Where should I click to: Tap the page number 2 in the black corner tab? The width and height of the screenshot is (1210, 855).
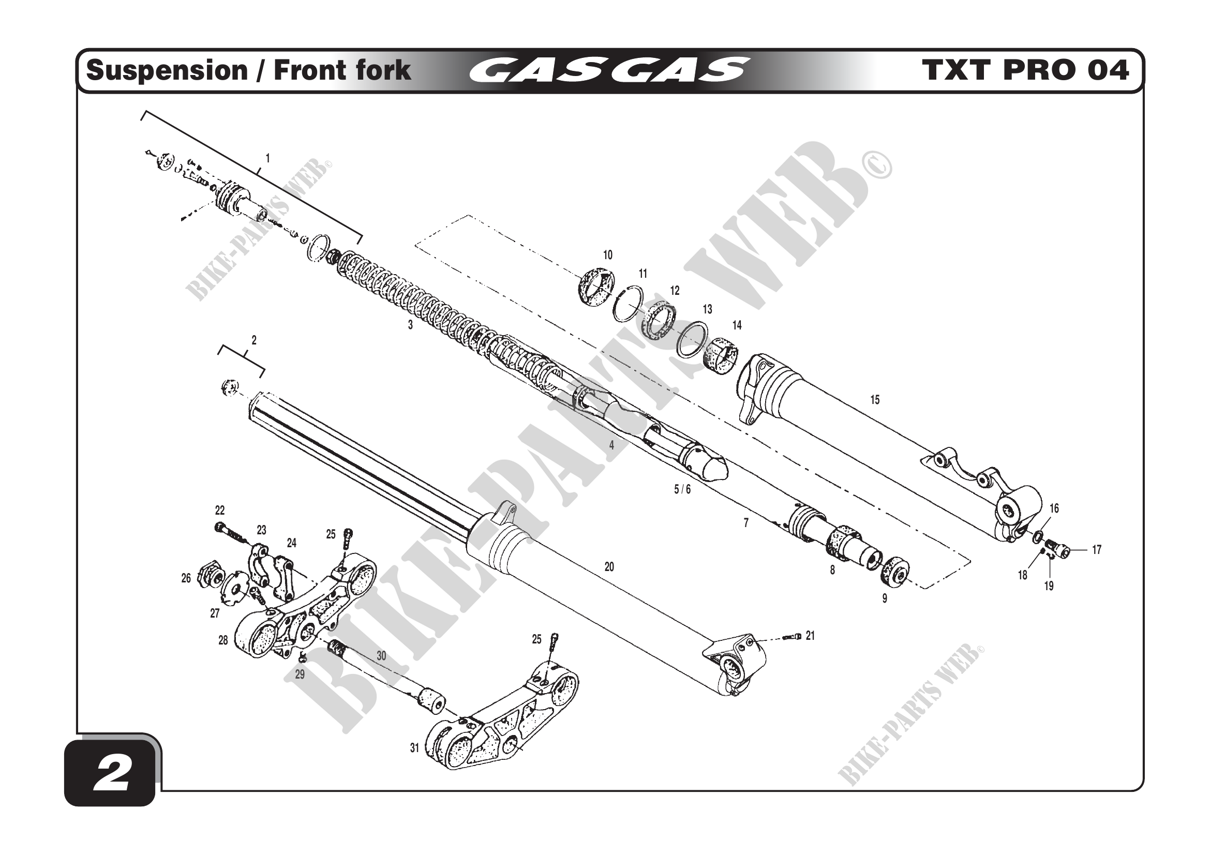pos(111,775)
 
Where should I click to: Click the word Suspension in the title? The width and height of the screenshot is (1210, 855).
pos(167,70)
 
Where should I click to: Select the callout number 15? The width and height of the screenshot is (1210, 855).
pos(875,400)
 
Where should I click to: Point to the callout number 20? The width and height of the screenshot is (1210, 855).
pos(609,567)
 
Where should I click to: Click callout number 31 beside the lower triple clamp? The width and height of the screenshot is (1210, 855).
pos(415,748)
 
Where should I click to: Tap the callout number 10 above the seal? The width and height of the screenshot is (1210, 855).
pos(608,256)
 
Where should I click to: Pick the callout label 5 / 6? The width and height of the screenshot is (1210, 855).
pos(682,490)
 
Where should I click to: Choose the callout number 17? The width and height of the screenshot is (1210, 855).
pos(1097,550)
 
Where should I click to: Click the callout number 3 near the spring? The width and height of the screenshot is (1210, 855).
pos(411,325)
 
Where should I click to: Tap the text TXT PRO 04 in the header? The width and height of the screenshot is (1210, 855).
pos(1025,70)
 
